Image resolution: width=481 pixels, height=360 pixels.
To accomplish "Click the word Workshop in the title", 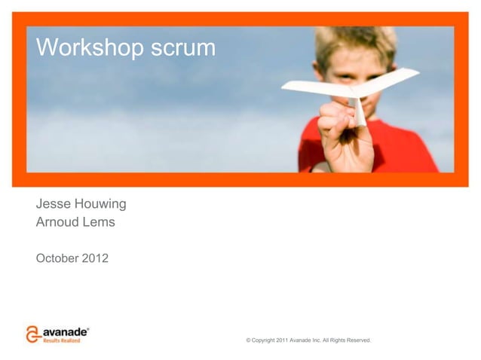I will (x=90, y=48).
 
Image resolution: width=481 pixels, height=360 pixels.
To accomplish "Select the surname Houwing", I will (x=100, y=204).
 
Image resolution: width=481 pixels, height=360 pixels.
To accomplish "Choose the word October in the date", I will (x=57, y=259).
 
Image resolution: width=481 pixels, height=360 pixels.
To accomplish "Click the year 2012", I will (x=95, y=259).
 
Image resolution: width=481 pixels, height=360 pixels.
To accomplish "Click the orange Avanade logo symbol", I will (x=32, y=334).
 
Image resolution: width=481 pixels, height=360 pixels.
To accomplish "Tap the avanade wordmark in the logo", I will (x=65, y=331).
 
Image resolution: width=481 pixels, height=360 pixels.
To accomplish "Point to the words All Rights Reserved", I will (x=346, y=341).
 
